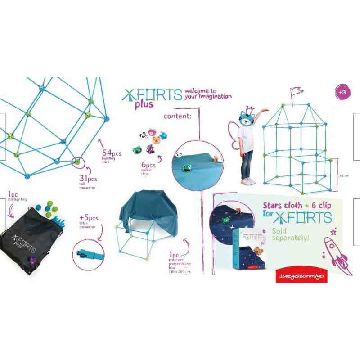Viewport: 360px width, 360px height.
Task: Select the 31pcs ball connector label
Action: (x=88, y=182)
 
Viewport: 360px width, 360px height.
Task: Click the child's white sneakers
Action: (x=247, y=181)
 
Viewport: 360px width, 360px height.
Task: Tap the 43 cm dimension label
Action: (x=344, y=175)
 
